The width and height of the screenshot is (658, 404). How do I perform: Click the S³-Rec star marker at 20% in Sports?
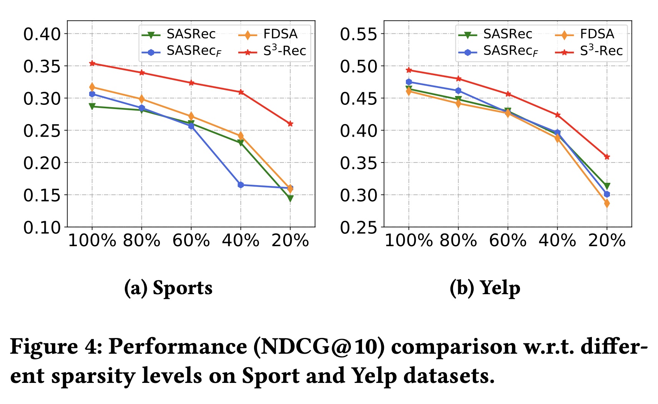pyautogui.click(x=290, y=124)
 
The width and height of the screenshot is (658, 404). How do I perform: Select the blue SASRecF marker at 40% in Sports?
pyautogui.click(x=241, y=185)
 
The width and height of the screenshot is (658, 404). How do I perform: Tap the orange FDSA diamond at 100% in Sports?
pyautogui.click(x=92, y=87)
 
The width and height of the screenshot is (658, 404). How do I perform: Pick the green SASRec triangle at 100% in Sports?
pyautogui.click(x=92, y=106)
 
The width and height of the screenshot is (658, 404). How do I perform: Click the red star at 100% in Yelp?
pyautogui.click(x=409, y=70)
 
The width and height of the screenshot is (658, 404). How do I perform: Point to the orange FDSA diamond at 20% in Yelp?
pyautogui.click(x=606, y=204)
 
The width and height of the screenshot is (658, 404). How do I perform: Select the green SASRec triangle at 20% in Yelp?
pyautogui.click(x=606, y=186)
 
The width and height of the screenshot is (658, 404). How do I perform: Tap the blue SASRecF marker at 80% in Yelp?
pyautogui.click(x=458, y=91)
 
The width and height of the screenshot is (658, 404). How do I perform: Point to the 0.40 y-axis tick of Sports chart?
pyautogui.click(x=42, y=34)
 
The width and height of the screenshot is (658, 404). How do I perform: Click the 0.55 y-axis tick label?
pyautogui.click(x=359, y=34)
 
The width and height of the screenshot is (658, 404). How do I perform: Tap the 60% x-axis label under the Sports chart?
pyautogui.click(x=191, y=241)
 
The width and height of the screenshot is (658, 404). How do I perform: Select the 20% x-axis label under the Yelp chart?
pyautogui.click(x=606, y=241)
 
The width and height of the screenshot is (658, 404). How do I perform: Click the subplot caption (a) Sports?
pyautogui.click(x=168, y=288)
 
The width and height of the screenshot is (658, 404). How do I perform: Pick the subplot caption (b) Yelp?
pyautogui.click(x=485, y=288)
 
